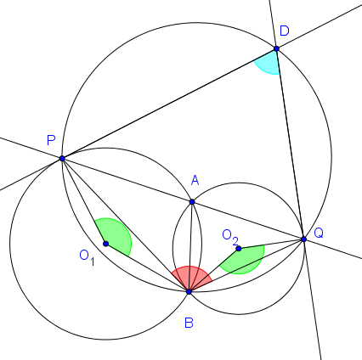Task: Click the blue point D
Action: click(x=276, y=48)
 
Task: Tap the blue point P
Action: click(x=62, y=159)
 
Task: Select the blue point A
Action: click(x=192, y=202)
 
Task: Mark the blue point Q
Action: click(x=303, y=239)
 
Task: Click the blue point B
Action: click(x=189, y=291)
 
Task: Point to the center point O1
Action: click(x=105, y=244)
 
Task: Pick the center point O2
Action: click(x=239, y=249)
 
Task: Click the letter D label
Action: click(x=285, y=31)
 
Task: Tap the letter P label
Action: click(x=51, y=140)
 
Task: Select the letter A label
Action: click(x=195, y=180)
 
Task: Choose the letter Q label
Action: click(x=319, y=233)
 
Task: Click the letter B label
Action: click(x=189, y=323)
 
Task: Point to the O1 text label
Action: click(x=88, y=257)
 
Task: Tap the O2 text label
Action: click(x=230, y=237)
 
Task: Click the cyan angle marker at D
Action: click(x=269, y=63)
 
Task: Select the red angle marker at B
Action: click(x=190, y=278)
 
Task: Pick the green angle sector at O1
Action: click(x=116, y=235)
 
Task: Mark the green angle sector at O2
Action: click(x=245, y=259)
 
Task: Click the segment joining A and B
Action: click(x=190, y=246)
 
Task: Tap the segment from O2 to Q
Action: click(x=271, y=244)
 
